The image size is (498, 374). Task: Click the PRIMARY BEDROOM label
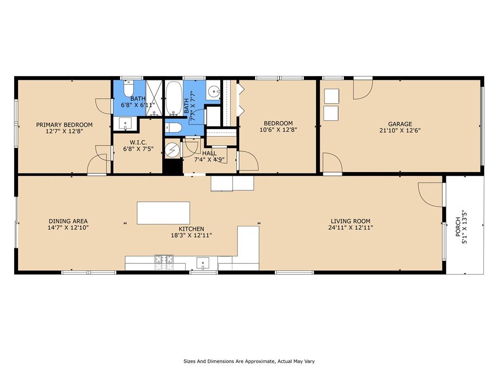tap(64, 125)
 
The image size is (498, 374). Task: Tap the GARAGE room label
tap(400, 124)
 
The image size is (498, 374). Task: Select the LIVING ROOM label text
tap(350, 221)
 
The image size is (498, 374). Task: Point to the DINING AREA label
tap(68, 221)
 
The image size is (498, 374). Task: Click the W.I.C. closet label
tap(138, 143)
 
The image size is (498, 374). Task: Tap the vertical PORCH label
tap(458, 227)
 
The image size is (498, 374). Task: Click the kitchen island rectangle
tap(163, 213)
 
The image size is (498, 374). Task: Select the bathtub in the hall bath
tap(174, 98)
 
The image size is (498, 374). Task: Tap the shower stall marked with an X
tap(154, 98)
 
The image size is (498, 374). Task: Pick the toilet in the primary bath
tap(128, 88)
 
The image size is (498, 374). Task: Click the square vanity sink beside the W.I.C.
tap(125, 123)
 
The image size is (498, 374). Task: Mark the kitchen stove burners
tap(164, 262)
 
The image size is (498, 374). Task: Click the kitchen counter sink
tap(203, 263)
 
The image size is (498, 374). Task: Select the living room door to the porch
tap(430, 194)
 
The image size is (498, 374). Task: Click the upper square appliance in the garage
tap(332, 96)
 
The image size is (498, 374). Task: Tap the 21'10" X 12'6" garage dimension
tap(400, 130)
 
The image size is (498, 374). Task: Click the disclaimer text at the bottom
tap(249, 361)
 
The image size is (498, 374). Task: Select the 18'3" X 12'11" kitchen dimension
tap(191, 235)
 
